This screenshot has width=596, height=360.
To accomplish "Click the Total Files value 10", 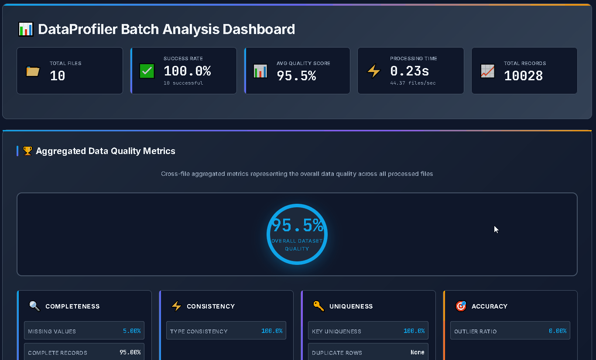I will pyautogui.click(x=58, y=76).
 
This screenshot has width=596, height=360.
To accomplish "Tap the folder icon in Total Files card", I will pyautogui.click(x=33, y=71).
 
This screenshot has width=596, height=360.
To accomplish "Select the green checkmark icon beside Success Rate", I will pyautogui.click(x=147, y=71).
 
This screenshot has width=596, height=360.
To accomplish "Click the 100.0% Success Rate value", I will pyautogui.click(x=187, y=71).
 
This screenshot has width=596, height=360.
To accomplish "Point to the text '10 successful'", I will pyautogui.click(x=183, y=83).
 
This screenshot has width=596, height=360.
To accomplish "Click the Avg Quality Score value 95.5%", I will pyautogui.click(x=296, y=76).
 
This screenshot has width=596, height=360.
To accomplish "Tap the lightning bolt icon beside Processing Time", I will pyautogui.click(x=374, y=71).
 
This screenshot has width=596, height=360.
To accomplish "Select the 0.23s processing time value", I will pyautogui.click(x=409, y=71).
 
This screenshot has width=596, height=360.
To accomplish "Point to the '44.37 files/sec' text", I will pyautogui.click(x=413, y=83).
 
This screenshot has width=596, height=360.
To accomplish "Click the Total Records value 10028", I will pyautogui.click(x=523, y=76).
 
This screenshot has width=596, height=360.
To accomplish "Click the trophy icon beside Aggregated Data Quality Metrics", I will pyautogui.click(x=27, y=151).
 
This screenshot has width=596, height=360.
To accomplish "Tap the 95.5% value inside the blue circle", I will pyautogui.click(x=298, y=226).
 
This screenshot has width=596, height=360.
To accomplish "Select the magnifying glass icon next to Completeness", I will pyautogui.click(x=34, y=306).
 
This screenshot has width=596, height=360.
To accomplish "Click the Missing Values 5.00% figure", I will pyautogui.click(x=132, y=331).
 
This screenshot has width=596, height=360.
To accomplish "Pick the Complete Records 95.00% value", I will pyautogui.click(x=130, y=352).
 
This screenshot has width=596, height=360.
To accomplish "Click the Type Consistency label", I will pyautogui.click(x=199, y=331).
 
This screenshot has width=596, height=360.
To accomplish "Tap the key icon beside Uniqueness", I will pyautogui.click(x=319, y=306).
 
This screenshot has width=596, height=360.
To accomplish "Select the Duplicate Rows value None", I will pyautogui.click(x=417, y=352).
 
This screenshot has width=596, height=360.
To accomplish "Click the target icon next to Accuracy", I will pyautogui.click(x=461, y=306).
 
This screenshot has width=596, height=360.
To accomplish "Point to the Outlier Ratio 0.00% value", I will pyautogui.click(x=557, y=331).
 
